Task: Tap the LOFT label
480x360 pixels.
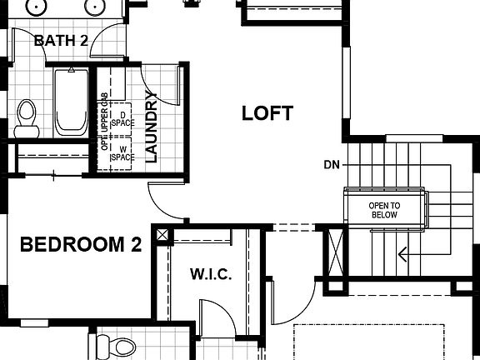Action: [267, 113]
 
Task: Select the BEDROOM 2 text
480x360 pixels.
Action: [81, 245]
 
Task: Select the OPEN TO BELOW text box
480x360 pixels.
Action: [384, 210]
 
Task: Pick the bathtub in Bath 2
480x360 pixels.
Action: [71, 103]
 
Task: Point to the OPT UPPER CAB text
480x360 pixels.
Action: [104, 125]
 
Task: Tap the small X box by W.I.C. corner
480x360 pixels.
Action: [162, 235]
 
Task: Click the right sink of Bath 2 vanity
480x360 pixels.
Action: [94, 7]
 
